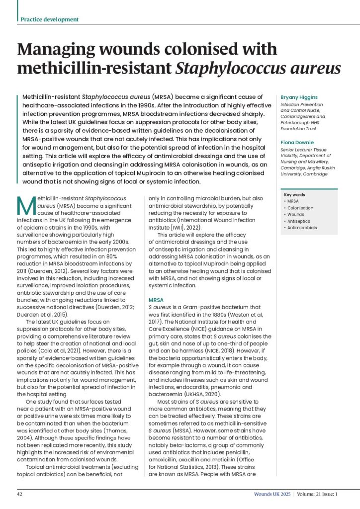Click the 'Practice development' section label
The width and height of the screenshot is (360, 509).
tap(49, 19)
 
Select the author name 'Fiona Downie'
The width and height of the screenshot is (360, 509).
tap(296, 142)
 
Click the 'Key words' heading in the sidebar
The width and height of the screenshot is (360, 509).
tap(294, 195)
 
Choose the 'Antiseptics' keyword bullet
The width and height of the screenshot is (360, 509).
tap(299, 221)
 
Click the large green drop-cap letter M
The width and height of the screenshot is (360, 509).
tap(27, 204)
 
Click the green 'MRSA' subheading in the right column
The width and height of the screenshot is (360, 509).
tap(156, 300)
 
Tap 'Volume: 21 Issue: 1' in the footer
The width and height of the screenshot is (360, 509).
tap(317, 494)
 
